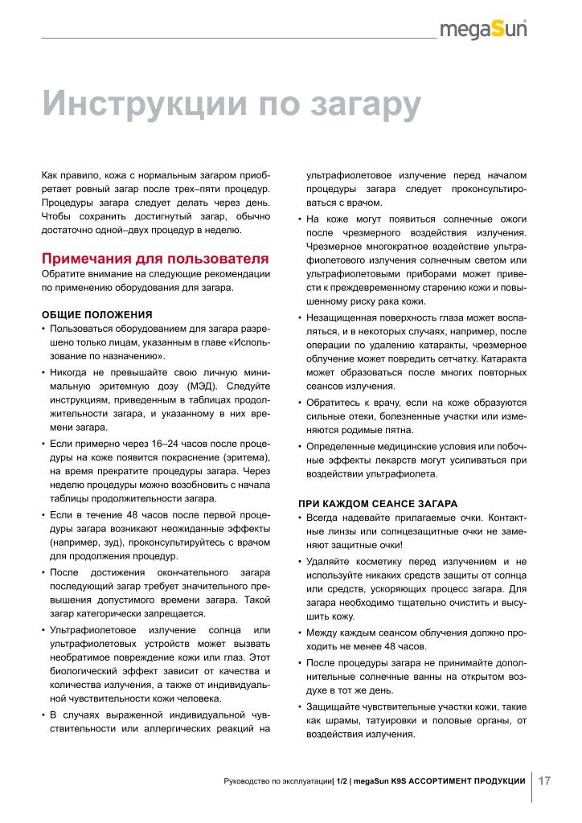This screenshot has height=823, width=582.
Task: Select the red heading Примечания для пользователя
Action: [x=154, y=259]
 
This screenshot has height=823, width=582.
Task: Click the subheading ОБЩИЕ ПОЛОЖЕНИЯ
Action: [x=97, y=314]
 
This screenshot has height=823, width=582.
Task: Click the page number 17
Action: [x=544, y=780]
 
